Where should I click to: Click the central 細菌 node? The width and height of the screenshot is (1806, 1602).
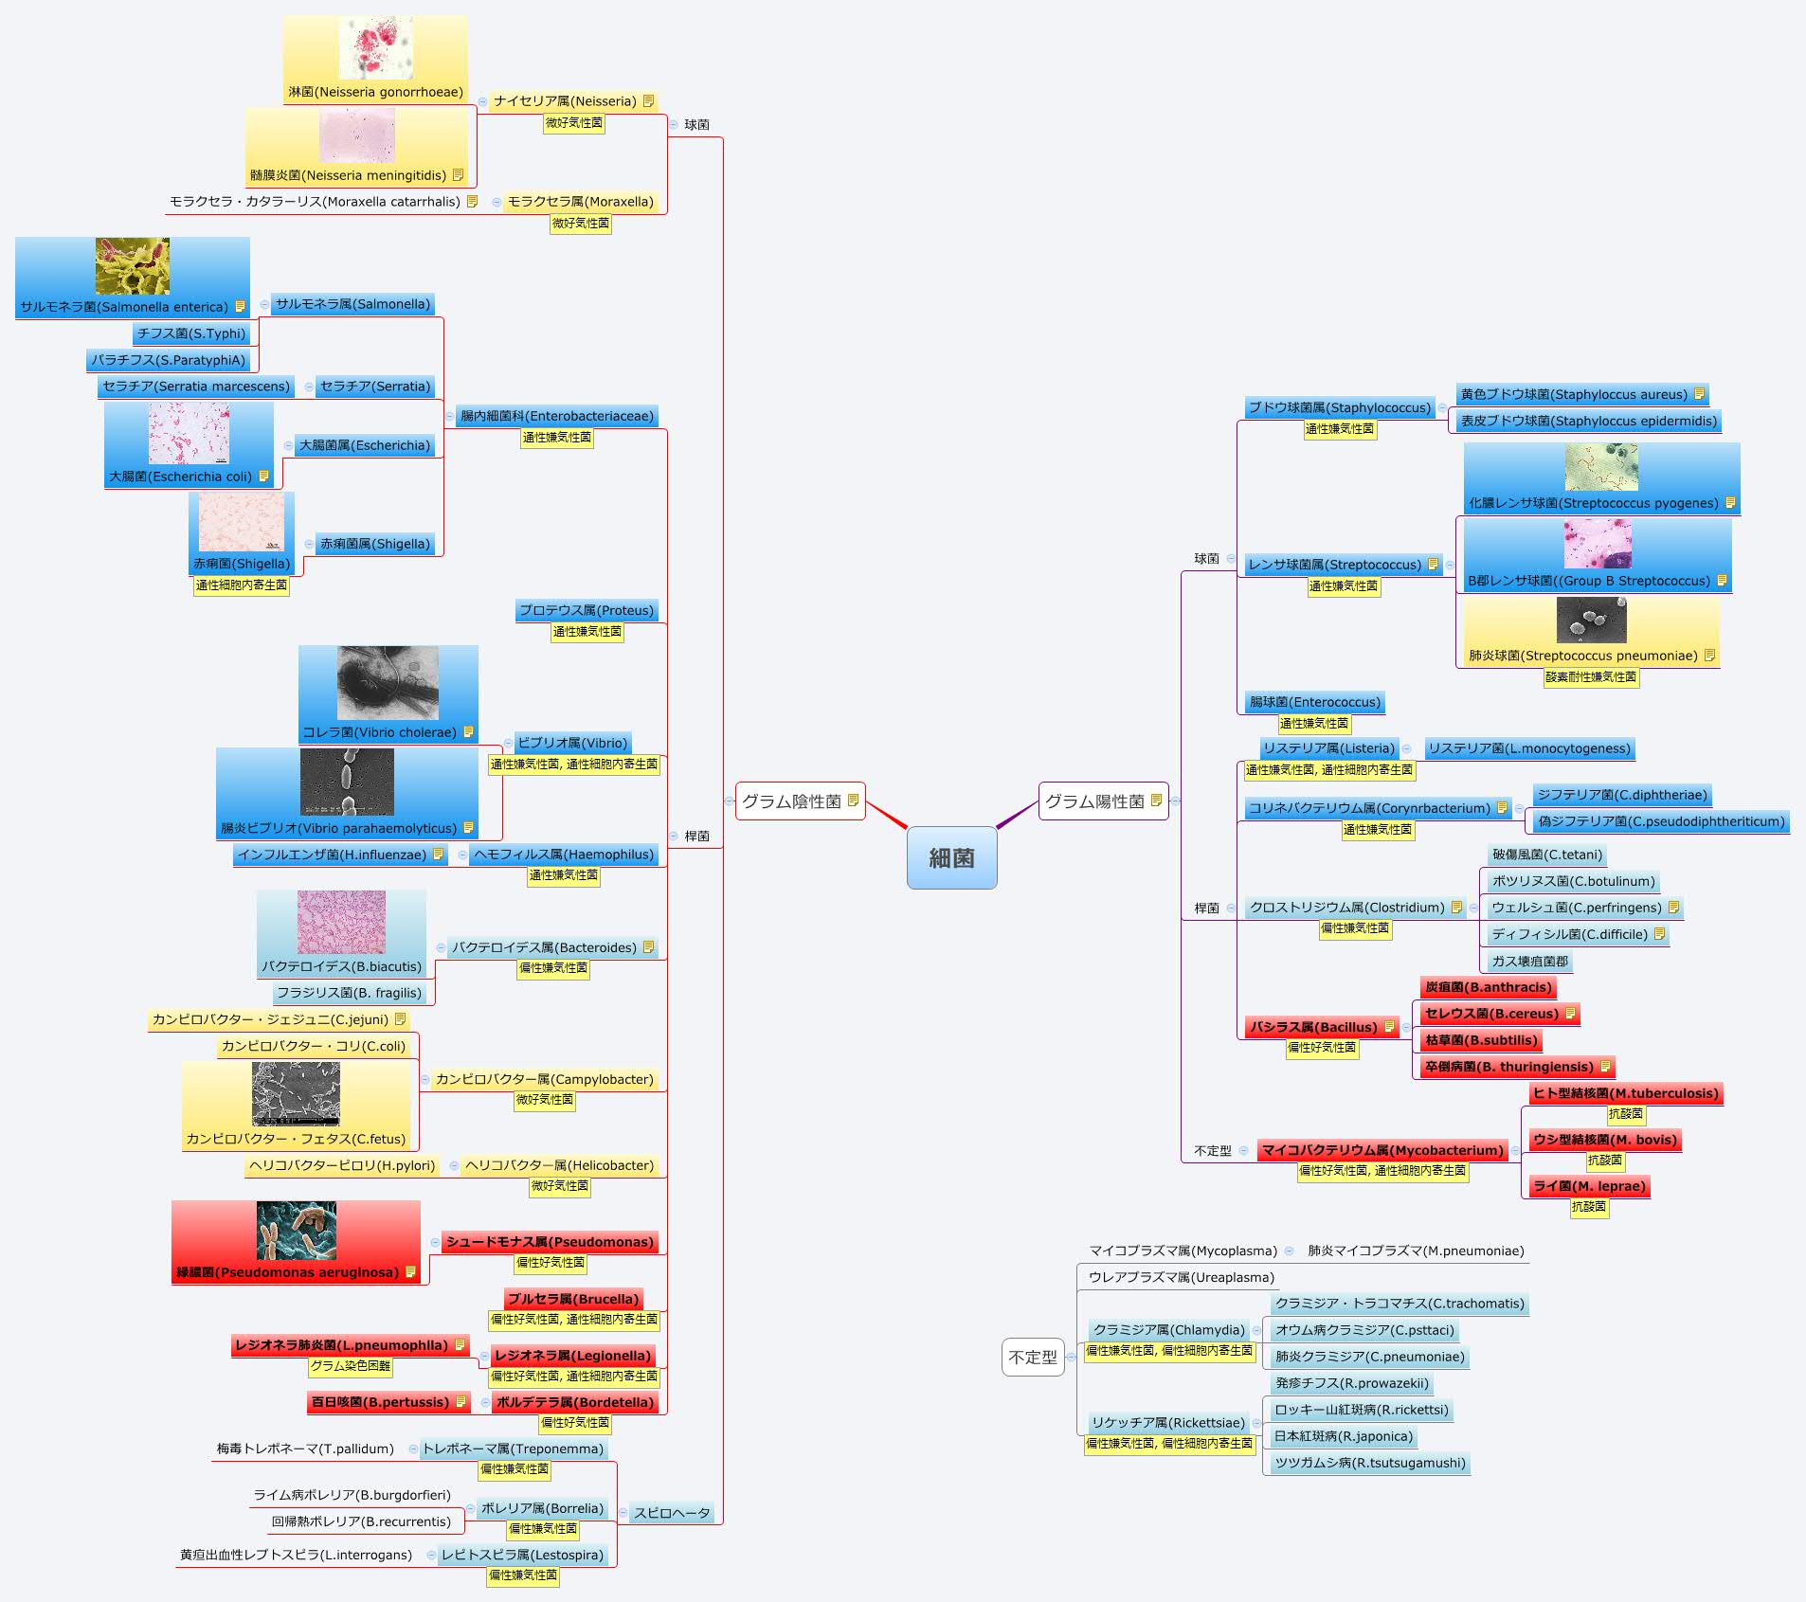point(951,857)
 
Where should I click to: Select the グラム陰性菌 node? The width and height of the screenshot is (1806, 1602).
point(791,801)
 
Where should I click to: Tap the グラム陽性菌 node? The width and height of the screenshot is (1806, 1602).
point(1094,801)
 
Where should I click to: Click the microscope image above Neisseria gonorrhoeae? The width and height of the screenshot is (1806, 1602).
point(375,47)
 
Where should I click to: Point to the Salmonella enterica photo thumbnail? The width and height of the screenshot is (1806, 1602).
point(133,266)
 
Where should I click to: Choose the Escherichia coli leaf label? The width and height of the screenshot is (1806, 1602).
point(181,477)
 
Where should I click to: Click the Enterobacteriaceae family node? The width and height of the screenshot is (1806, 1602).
point(556,416)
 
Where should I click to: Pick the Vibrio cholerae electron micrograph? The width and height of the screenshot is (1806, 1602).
point(388,683)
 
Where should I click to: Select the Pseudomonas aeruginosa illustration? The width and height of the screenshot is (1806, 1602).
point(296,1231)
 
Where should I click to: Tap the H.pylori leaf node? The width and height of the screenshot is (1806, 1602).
point(342,1165)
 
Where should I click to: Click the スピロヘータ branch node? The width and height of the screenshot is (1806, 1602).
point(672,1513)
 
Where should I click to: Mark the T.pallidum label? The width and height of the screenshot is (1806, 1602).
point(305,1449)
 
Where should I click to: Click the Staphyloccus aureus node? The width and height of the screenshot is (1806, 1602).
point(1574,394)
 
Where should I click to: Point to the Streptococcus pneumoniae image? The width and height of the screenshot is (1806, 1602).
point(1591,621)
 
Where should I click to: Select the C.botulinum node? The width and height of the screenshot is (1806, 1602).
point(1573,881)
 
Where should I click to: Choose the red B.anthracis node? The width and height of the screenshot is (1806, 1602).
point(1488,987)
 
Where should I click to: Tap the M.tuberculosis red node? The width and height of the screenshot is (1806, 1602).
point(1625,1093)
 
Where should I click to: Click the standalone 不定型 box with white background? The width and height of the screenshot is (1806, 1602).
point(1033,1358)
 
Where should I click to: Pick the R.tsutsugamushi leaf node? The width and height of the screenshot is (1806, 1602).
point(1369,1463)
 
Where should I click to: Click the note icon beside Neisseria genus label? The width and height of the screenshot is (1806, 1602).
point(648,101)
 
